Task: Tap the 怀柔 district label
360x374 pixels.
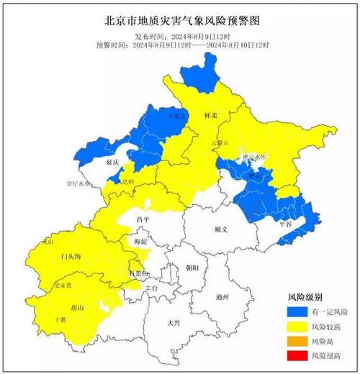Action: (211, 114)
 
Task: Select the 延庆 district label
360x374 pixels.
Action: (112, 163)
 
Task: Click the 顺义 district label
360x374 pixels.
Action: (221, 230)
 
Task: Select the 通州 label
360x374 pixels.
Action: (222, 296)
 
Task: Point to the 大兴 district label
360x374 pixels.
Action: (174, 323)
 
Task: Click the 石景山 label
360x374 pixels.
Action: (138, 274)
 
